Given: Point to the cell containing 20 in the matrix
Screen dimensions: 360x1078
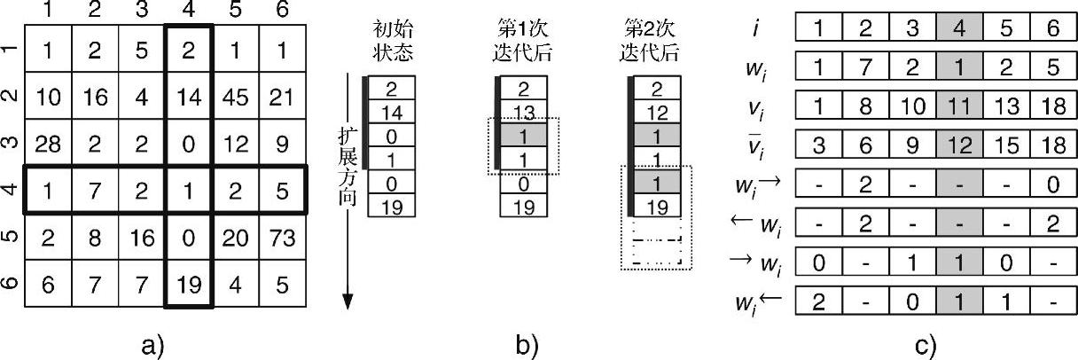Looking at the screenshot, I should (236, 238).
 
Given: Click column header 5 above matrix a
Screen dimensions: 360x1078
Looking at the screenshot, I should (236, 12).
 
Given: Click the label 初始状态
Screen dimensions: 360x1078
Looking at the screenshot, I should (389, 41).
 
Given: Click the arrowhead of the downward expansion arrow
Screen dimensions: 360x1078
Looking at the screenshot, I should (348, 301).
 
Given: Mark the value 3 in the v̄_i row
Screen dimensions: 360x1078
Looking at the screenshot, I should (820, 143).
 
